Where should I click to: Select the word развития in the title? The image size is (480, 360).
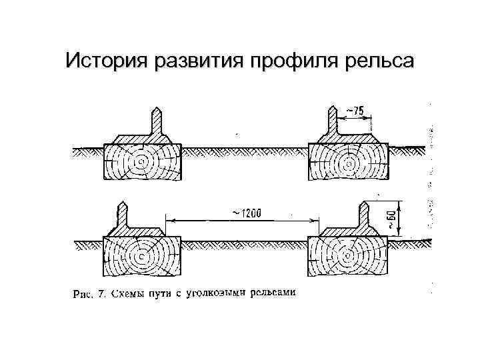pos(197,61)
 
